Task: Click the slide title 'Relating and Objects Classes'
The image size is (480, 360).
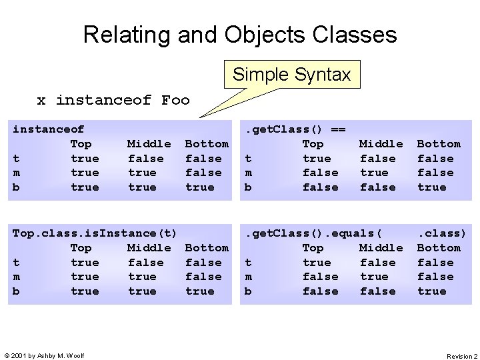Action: [240, 34]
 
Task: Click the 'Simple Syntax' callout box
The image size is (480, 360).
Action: [291, 75]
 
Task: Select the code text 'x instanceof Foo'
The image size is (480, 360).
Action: [113, 101]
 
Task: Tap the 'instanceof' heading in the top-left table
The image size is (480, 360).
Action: [49, 129]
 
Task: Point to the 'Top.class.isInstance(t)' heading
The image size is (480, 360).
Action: [95, 233]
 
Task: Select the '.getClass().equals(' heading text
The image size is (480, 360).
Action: [314, 233]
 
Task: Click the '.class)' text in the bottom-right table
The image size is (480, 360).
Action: [442, 233]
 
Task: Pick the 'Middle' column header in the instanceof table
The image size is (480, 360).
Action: [149, 144]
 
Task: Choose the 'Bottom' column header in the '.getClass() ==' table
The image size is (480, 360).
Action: [439, 144]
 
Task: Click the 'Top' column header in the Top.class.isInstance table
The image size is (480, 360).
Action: [81, 248]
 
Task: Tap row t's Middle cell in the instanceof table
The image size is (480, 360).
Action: [145, 159]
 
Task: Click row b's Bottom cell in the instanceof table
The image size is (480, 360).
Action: [200, 187]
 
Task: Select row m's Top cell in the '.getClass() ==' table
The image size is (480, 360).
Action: [320, 173]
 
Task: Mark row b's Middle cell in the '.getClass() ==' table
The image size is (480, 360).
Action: [377, 187]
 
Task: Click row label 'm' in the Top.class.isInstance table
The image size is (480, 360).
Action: [17, 277]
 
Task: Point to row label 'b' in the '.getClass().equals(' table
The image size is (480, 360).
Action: [249, 291]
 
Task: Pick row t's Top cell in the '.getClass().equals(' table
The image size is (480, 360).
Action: [317, 263]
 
